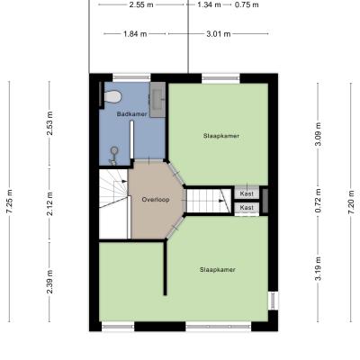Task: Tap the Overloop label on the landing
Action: pos(156,200)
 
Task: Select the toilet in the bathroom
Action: pos(112,96)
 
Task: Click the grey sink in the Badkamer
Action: pos(157,99)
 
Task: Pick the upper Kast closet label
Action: pos(247,193)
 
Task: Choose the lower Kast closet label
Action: pos(247,207)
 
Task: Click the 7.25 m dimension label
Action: pos(10,202)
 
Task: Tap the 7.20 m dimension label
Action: pos(351,202)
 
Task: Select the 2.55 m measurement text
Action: pos(141,4)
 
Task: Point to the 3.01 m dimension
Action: pos(219,34)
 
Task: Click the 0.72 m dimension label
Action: pos(318,201)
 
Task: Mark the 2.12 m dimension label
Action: pos(49,203)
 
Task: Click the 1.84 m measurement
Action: pos(135,34)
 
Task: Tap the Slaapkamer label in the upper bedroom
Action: pos(221,136)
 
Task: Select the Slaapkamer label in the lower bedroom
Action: pos(218,270)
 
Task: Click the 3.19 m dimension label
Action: pos(318,268)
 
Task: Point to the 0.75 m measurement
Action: pos(247,4)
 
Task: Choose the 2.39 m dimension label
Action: pos(49,282)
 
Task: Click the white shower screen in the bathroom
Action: pos(131,139)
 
